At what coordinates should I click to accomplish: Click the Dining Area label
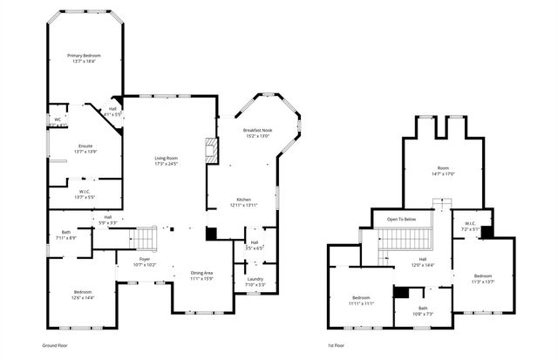tap(202, 276)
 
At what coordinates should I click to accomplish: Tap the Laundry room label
tap(255, 282)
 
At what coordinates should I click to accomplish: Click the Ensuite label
tap(85, 148)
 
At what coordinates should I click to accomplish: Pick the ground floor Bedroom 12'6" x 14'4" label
tap(83, 295)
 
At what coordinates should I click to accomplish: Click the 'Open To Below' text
tap(401, 219)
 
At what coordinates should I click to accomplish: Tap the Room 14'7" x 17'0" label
tap(445, 171)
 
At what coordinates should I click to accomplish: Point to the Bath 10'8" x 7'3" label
tap(422, 310)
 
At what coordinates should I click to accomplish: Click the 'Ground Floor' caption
tap(56, 345)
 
